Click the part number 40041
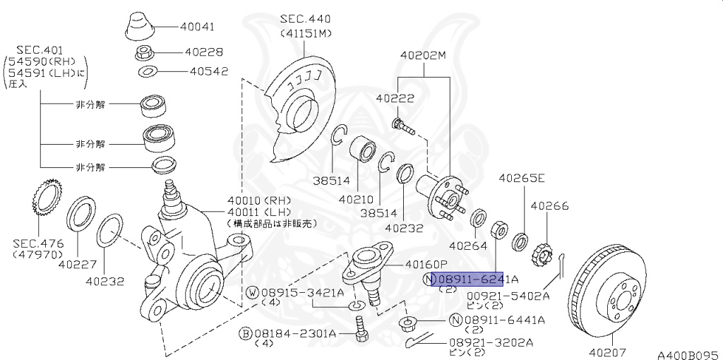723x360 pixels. point(197,27)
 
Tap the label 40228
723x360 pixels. point(204,52)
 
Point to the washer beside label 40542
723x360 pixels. point(148,71)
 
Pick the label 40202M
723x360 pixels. point(424,54)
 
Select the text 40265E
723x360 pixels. point(522,178)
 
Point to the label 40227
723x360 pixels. point(76,265)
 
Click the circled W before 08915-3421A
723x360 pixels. point(252,292)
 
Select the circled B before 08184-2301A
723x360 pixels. point(245,332)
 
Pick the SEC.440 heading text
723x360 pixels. point(305,18)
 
